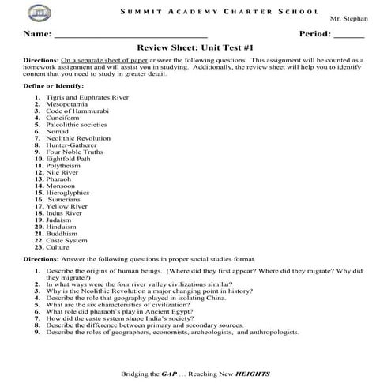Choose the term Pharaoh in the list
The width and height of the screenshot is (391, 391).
point(61,188)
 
